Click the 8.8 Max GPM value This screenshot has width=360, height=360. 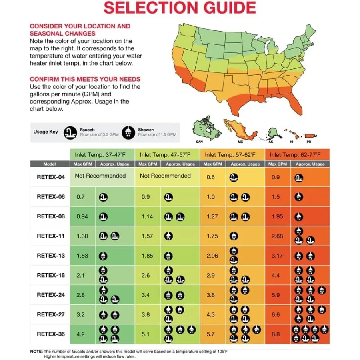point(276,334)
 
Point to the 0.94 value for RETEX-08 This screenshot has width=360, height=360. point(82,216)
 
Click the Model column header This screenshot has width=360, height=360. point(50,164)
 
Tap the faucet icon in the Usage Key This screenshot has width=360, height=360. point(70,132)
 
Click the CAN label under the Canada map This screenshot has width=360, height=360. point(199,142)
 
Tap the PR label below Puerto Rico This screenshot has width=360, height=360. point(309,142)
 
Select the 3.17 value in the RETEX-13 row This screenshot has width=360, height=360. point(277,256)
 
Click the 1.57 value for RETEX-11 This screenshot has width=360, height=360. point(147,236)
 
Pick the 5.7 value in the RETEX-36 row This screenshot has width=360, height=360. point(211,334)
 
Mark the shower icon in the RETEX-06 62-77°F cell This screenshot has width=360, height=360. point(298,197)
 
